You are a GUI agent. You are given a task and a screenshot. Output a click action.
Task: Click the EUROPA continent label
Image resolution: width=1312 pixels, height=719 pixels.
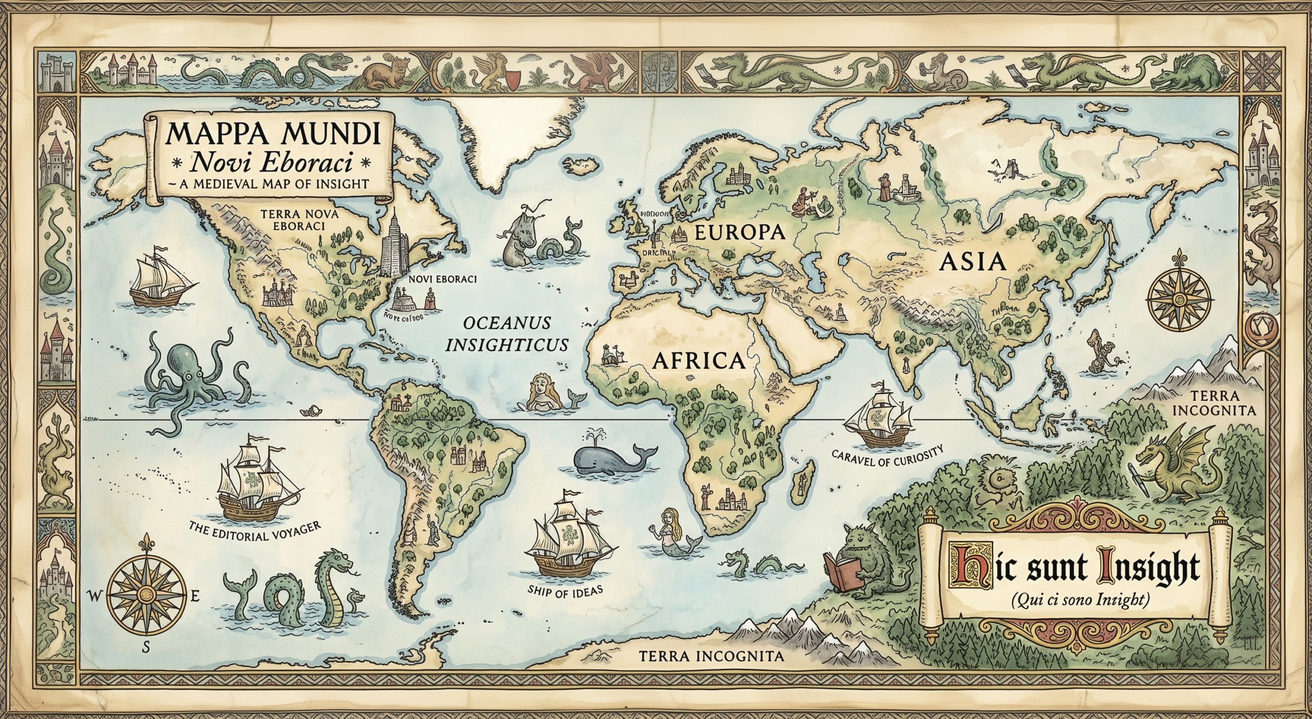pyautogui.click(x=739, y=232)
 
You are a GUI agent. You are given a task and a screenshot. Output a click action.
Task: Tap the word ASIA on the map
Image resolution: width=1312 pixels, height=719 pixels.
pyautogui.click(x=973, y=262)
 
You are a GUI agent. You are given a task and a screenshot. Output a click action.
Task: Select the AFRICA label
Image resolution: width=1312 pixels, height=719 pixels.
pyautogui.click(x=698, y=361)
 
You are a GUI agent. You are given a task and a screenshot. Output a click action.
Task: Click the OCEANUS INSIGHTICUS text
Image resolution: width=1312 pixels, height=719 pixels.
pyautogui.click(x=506, y=333)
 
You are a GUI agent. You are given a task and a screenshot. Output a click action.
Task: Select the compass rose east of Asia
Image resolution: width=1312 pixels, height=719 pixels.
pyautogui.click(x=1179, y=298)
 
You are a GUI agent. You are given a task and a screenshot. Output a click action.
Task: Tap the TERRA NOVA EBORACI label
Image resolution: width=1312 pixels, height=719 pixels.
pyautogui.click(x=293, y=220)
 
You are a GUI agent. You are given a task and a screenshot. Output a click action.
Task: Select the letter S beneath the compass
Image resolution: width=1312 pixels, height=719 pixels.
pyautogui.click(x=146, y=662)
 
